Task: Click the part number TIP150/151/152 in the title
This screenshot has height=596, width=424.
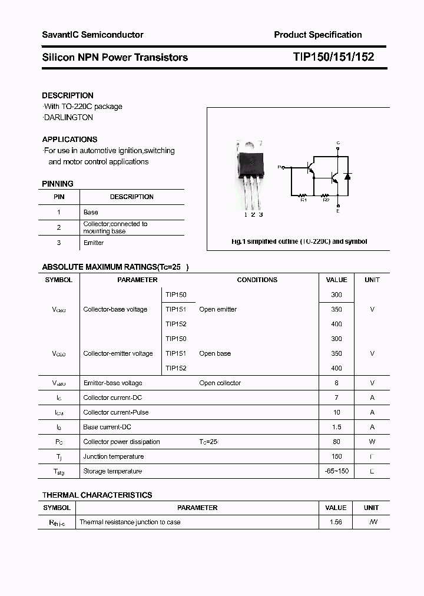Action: pos(333,57)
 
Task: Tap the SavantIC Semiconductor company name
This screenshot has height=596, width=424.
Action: pos(92,35)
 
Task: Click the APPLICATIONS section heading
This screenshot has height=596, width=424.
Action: pos(69,140)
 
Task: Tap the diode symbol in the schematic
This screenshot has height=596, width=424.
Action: pos(347,176)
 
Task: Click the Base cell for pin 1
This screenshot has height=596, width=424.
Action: pos(91,212)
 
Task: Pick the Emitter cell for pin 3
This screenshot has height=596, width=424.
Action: pos(94,243)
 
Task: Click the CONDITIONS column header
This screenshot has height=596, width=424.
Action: pos(257,280)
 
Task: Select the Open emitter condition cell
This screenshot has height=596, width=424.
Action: pos(218,309)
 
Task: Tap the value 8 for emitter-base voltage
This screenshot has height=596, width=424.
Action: pos(336,383)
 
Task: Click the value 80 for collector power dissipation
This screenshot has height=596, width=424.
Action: pos(336,442)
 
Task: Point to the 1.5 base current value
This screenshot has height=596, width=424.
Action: pos(336,427)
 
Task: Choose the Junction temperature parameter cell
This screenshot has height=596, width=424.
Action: pos(113,456)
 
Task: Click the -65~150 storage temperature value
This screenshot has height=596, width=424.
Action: pos(336,471)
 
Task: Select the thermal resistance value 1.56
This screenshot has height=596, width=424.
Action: pos(336,522)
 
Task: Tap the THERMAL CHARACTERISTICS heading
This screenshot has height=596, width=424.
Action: pos(97,495)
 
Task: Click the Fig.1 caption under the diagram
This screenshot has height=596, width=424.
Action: pos(299,241)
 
